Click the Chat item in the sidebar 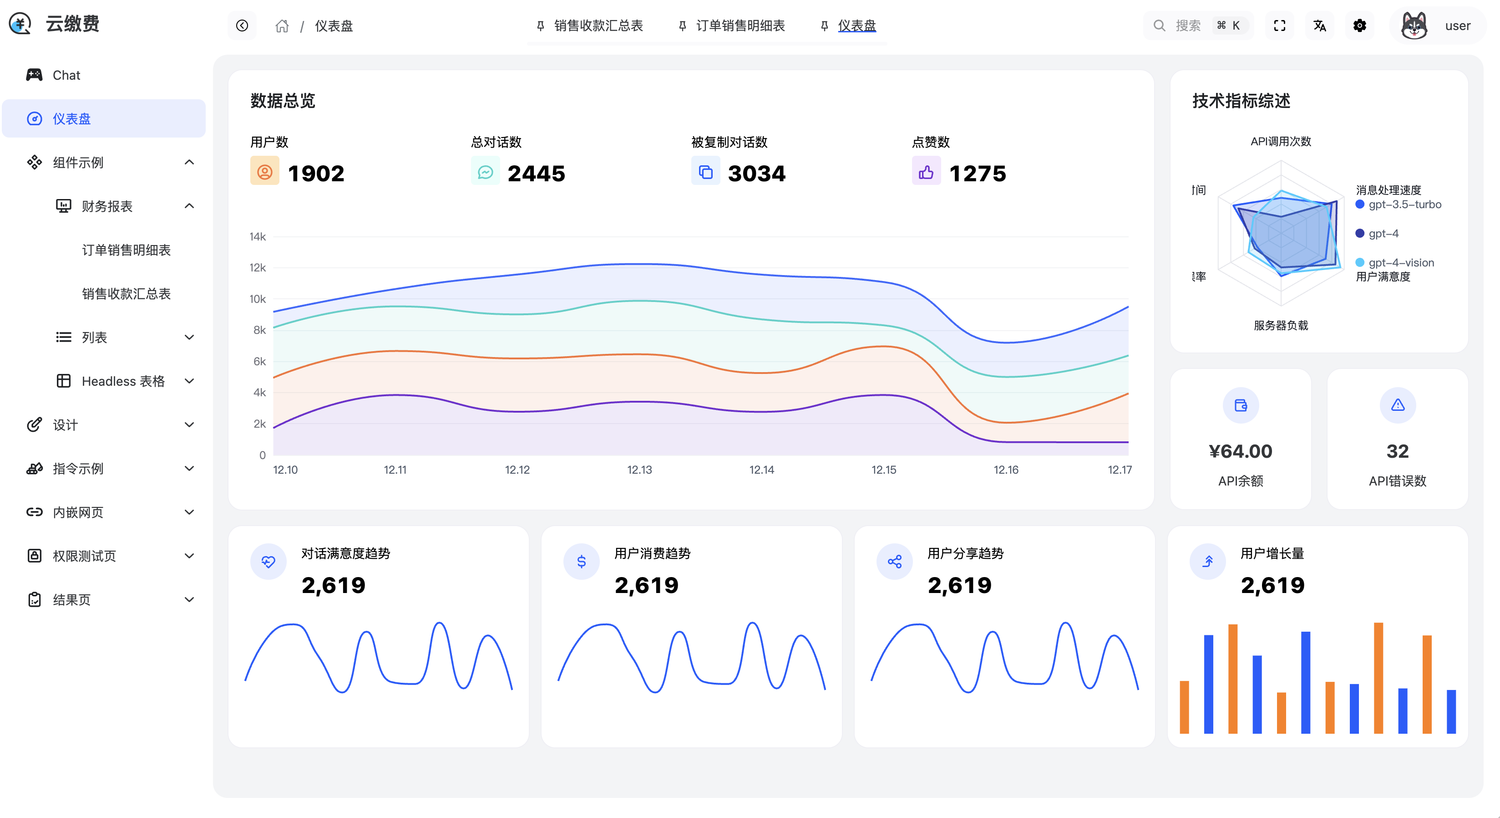(66, 75)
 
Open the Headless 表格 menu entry (123, 381)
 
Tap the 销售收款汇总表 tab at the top (598, 26)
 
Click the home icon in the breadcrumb (282, 26)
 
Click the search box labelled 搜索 (1197, 26)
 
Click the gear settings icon (1359, 26)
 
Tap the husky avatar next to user (1414, 26)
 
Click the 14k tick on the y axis (258, 236)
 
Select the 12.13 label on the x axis (639, 470)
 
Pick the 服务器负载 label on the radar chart (1281, 325)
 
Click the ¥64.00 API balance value (1240, 451)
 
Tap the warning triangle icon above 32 (1398, 405)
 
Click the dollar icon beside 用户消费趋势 (581, 562)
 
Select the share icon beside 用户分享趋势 (894, 562)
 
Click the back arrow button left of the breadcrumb (242, 26)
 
